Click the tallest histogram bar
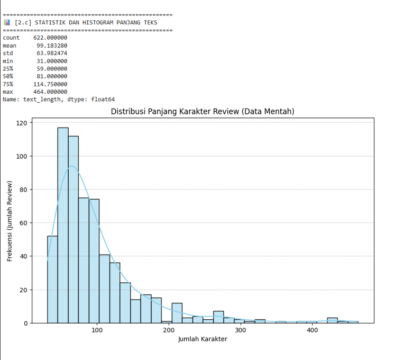[x=63, y=225]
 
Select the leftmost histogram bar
[x=52, y=279]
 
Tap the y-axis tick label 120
[x=22, y=123]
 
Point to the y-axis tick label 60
[x=23, y=223]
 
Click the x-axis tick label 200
[x=169, y=330]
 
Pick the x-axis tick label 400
[x=313, y=330]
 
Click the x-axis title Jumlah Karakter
[x=203, y=339]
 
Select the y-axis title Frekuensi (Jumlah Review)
[x=10, y=221]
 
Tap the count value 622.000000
[x=50, y=38]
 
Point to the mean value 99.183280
[x=52, y=46]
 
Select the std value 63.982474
[x=52, y=53]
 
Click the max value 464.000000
[x=50, y=92]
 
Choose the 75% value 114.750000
[x=50, y=84]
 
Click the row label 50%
[x=8, y=76]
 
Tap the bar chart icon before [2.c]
[x=7, y=22]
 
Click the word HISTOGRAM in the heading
[x=98, y=22]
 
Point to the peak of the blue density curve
[x=72, y=166]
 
